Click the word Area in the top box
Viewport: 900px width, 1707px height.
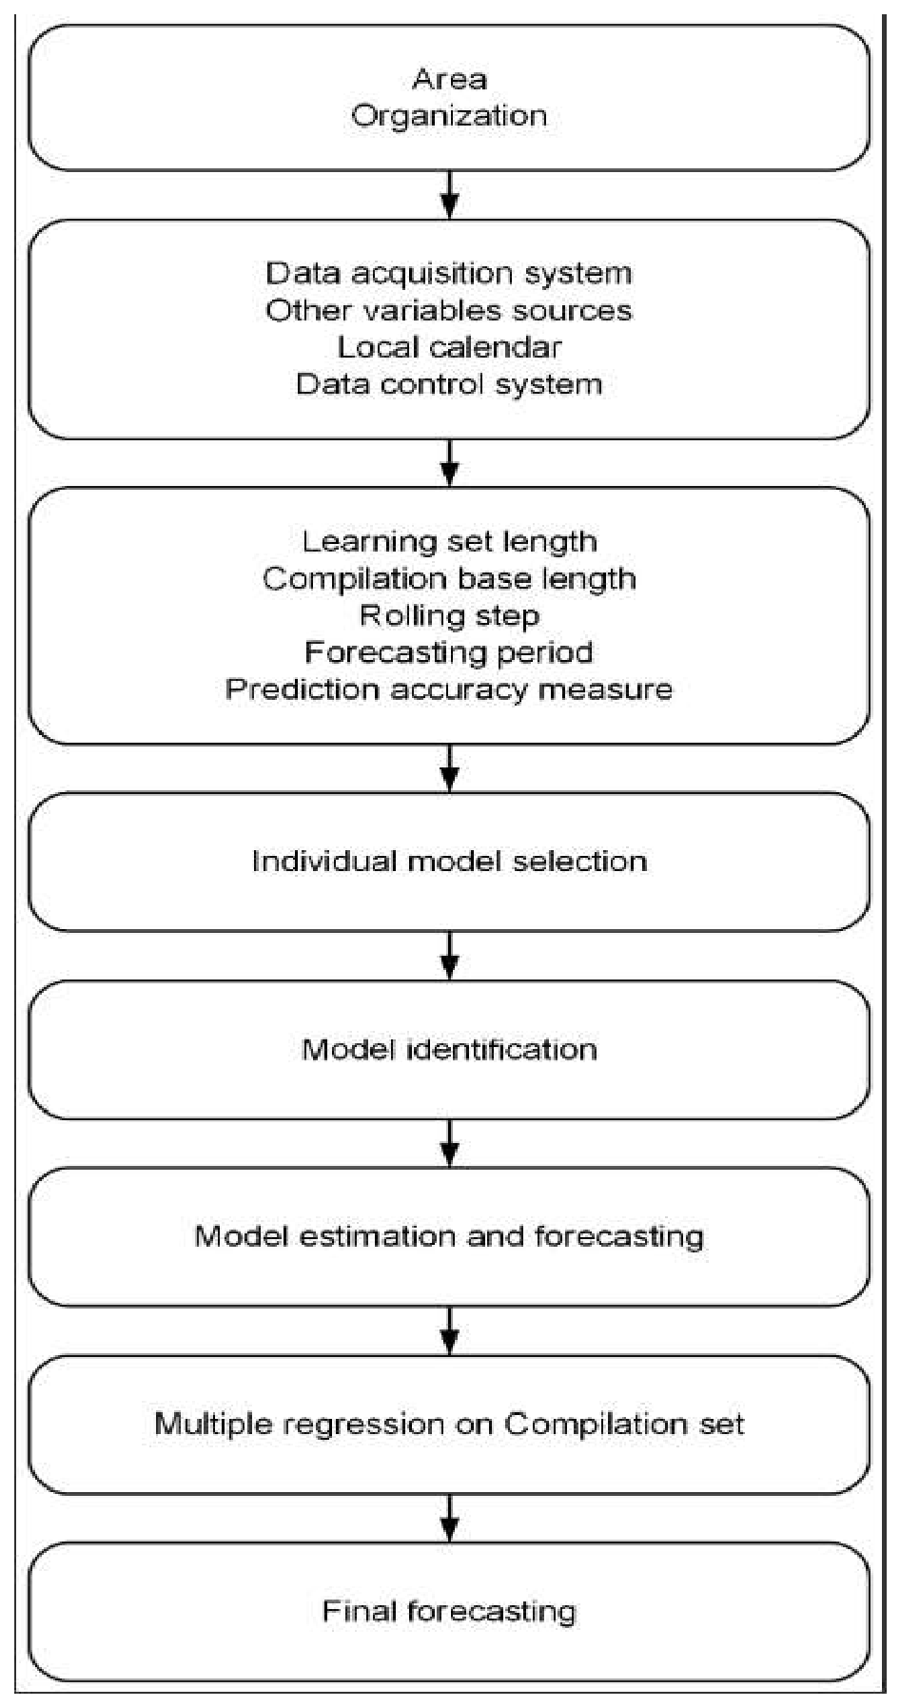449,79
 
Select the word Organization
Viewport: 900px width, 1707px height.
449,116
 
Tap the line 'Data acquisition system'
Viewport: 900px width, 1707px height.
449,274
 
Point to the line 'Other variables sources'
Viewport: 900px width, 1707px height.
449,311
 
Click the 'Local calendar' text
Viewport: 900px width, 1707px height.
449,347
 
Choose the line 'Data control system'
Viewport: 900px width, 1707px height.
449,384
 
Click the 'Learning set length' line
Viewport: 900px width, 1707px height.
449,542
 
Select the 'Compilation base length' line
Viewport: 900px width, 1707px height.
449,579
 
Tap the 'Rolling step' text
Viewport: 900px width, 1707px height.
449,616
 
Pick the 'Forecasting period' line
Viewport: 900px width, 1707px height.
449,652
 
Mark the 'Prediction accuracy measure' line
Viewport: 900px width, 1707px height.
449,689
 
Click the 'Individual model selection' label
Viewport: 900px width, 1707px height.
449,862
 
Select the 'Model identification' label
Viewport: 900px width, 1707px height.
449,1050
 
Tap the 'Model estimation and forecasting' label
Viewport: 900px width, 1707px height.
449,1236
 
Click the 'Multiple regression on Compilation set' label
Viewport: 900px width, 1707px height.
449,1424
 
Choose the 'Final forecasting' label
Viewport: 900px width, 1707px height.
449,1611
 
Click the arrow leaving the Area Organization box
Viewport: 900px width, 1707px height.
450,195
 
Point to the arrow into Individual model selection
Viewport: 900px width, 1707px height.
450,768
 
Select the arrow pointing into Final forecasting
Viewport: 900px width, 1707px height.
450,1518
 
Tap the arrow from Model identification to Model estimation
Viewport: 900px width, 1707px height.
450,1143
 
